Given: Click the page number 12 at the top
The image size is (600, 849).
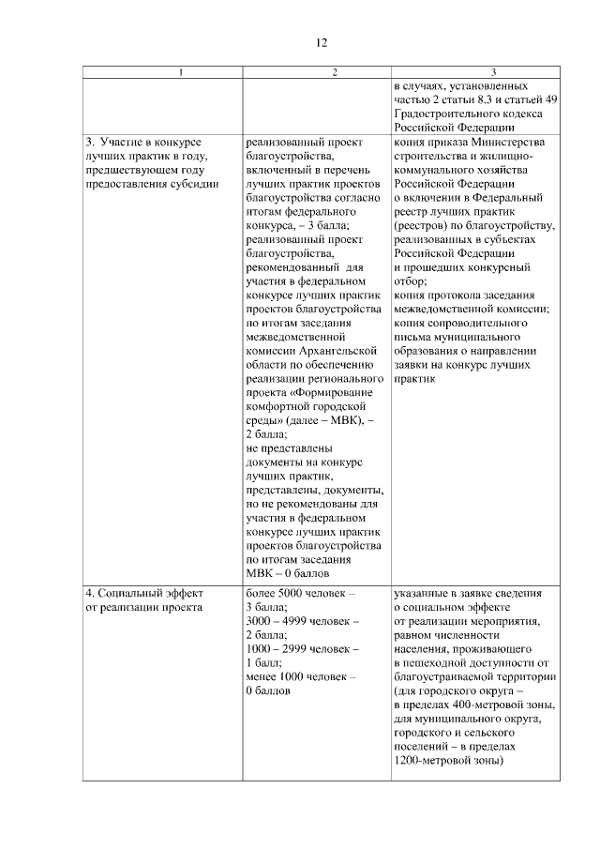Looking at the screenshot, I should [321, 43].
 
